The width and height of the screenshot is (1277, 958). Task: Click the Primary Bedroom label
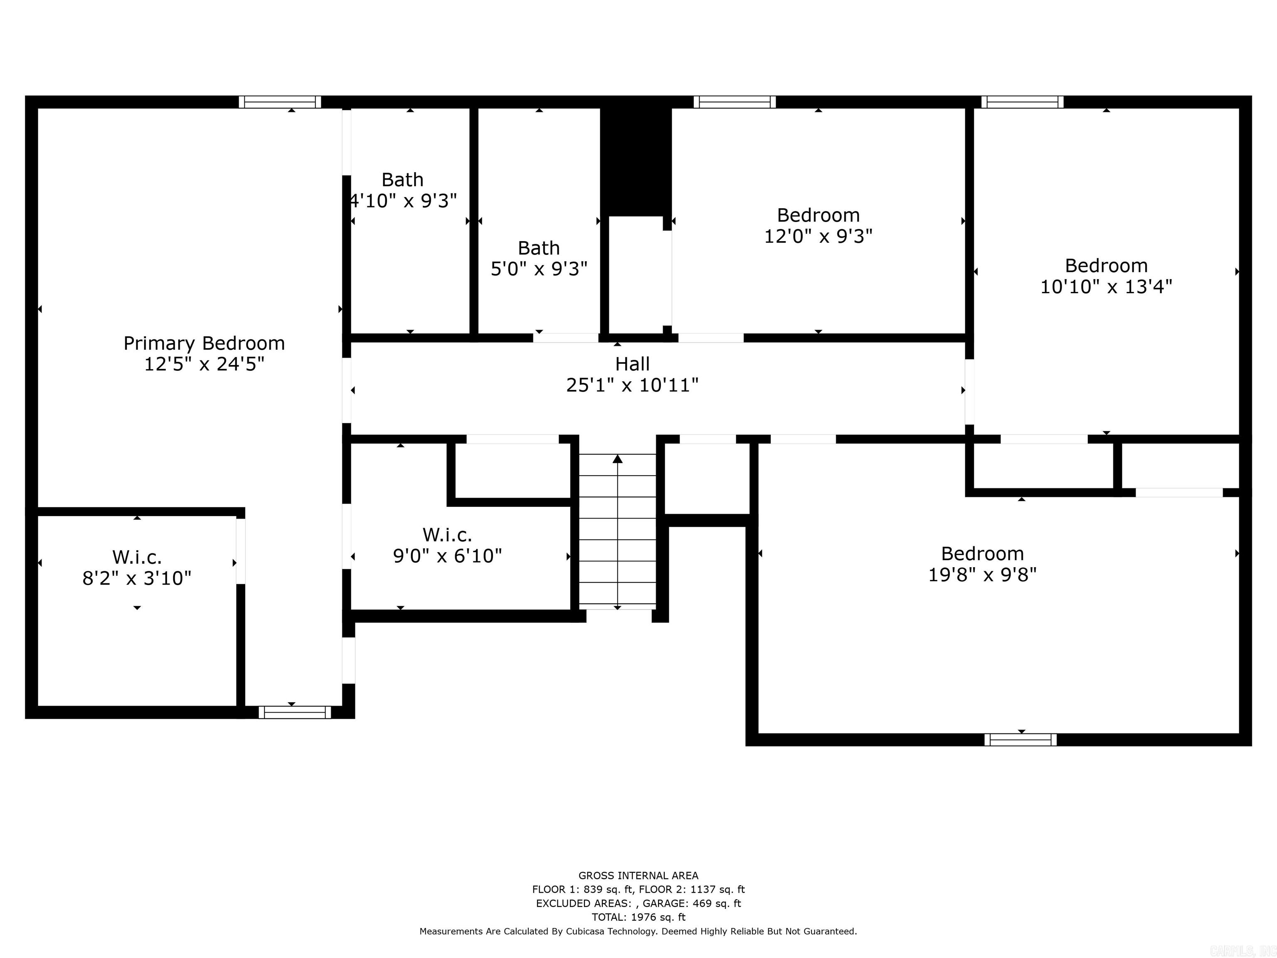(204, 343)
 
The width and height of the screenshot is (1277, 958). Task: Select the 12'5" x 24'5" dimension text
(204, 364)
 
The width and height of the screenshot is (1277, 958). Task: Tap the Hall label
(632, 364)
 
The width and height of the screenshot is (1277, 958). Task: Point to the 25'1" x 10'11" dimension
(632, 385)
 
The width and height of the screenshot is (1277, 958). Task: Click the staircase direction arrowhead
(618, 459)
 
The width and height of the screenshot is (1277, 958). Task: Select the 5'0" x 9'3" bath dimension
(539, 269)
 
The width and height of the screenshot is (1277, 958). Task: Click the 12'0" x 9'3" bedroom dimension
(818, 236)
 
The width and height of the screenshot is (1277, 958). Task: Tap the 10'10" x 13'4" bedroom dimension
(1106, 286)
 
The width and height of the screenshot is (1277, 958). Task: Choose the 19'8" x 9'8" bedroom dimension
(982, 575)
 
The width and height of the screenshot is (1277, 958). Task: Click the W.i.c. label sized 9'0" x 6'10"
(447, 535)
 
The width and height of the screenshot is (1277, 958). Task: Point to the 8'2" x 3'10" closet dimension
(137, 578)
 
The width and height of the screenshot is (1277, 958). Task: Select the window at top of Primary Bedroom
(280, 102)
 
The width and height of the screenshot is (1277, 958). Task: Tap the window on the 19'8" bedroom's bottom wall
(1020, 740)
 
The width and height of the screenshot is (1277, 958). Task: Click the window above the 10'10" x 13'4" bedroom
(1022, 102)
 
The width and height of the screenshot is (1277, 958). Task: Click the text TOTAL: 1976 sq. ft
(638, 917)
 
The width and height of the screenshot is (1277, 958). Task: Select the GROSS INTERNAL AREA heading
(638, 875)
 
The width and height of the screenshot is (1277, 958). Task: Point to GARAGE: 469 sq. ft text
(692, 903)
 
